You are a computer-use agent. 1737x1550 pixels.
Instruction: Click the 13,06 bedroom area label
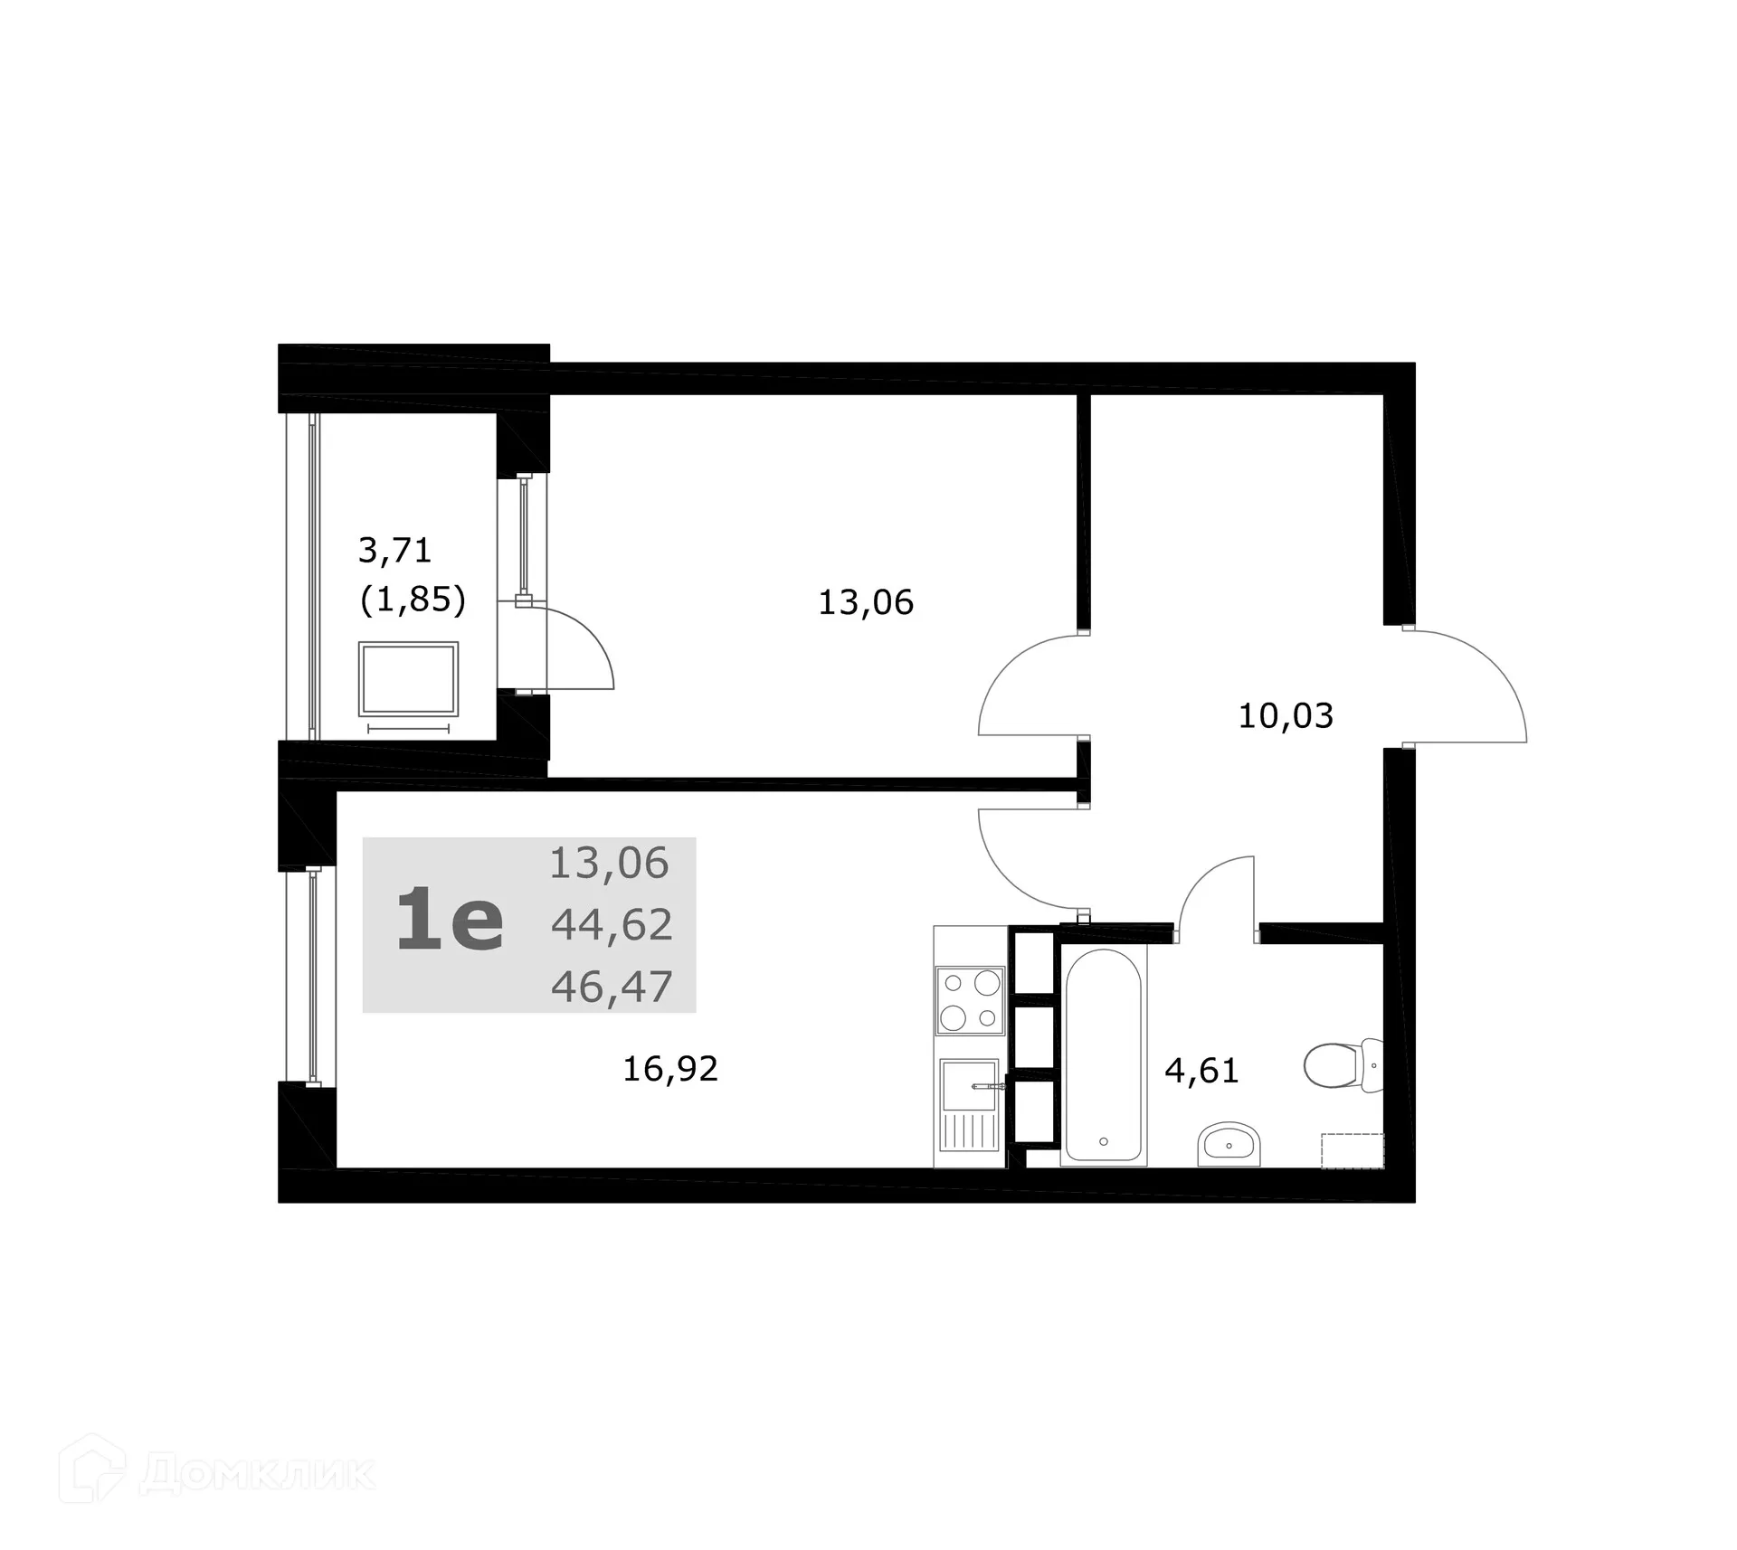pyautogui.click(x=866, y=602)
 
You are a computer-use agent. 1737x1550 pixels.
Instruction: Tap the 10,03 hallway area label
pyautogui.click(x=1285, y=716)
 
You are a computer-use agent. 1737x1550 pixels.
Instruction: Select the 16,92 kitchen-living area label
pyautogui.click(x=670, y=1069)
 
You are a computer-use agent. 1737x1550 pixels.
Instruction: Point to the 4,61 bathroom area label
pyautogui.click(x=1201, y=1071)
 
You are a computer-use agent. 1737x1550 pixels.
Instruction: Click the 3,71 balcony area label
pyautogui.click(x=395, y=550)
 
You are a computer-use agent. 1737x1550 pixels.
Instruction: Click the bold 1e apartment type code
pyautogui.click(x=450, y=921)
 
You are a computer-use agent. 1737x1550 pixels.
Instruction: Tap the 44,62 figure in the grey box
pyautogui.click(x=612, y=924)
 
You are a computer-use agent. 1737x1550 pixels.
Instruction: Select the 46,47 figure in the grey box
pyautogui.click(x=612, y=986)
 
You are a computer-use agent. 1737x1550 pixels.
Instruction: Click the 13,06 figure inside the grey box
pyautogui.click(x=609, y=864)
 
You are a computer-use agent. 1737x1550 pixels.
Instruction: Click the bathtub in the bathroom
pyautogui.click(x=1103, y=1055)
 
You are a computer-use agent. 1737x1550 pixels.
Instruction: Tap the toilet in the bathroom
pyautogui.click(x=1343, y=1064)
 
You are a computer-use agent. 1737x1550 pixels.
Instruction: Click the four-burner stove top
pyautogui.click(x=970, y=1000)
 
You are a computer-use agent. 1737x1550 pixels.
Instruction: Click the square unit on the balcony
pyautogui.click(x=408, y=678)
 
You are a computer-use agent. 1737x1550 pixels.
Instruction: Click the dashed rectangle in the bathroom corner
pyautogui.click(x=1353, y=1150)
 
